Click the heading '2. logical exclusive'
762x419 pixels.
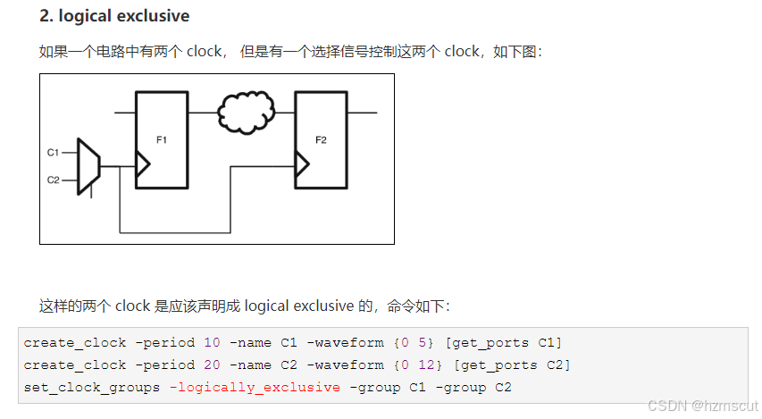tap(114, 16)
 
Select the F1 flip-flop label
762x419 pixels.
tap(162, 139)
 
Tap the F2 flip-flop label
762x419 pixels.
tap(322, 139)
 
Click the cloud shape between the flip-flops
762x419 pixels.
tap(246, 113)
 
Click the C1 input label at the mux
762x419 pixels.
tap(53, 153)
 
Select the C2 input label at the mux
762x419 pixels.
tap(53, 180)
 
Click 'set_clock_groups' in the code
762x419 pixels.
tap(96, 387)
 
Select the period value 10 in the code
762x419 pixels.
tap(212, 342)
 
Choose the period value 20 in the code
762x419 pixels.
tap(212, 365)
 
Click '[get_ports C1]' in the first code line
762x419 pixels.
tap(502, 342)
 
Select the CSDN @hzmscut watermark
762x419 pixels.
tap(701, 406)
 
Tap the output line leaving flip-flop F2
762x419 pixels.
tap(361, 113)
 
